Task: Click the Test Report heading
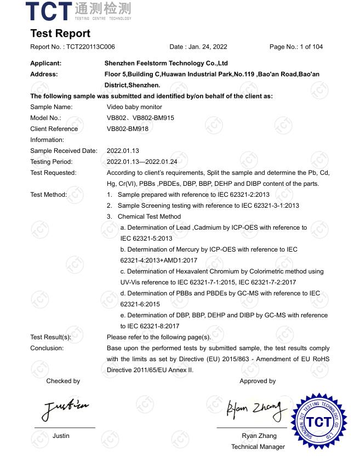[x=60, y=33]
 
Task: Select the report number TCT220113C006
[x=90, y=47]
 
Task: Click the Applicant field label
[x=45, y=63]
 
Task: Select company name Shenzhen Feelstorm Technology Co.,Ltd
[x=165, y=63]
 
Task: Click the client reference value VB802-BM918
[x=127, y=129]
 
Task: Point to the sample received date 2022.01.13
[x=123, y=151]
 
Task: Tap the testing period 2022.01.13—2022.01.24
[x=142, y=162]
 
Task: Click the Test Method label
[x=48, y=195]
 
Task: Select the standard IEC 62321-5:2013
[x=146, y=238]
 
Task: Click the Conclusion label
[x=47, y=348]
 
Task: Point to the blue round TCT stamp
[x=319, y=421]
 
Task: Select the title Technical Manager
[x=258, y=447]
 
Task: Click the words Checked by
[x=63, y=381]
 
